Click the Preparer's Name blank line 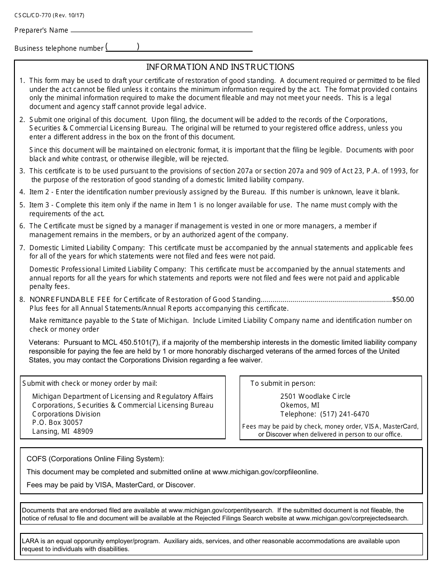click(161, 30)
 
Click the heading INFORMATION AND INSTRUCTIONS click(221, 67)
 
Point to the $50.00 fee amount click(403, 300)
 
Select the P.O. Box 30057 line click(57, 423)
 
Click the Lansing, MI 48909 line click(62, 431)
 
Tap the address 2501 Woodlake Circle click(315, 396)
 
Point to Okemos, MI click(300, 405)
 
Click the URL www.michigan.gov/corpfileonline click(265, 472)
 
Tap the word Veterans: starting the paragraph click(44, 342)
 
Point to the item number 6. click(22, 226)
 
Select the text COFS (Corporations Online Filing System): click(95, 459)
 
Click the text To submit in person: click(282, 383)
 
